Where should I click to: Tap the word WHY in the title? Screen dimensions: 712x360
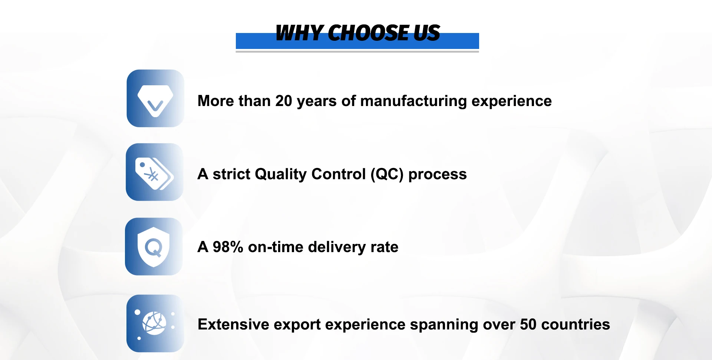point(299,33)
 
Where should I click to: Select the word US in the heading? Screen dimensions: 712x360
point(427,33)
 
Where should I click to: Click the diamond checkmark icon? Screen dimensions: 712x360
point(155,98)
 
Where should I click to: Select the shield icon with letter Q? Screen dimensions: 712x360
point(154,247)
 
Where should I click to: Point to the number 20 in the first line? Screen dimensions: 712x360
point(284,101)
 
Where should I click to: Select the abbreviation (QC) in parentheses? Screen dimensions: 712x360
point(387,174)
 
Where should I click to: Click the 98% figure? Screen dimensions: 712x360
point(228,247)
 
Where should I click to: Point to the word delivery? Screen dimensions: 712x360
point(337,247)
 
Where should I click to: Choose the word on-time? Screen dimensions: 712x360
point(276,247)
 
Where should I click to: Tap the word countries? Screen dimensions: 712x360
point(576,324)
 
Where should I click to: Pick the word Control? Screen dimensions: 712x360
point(339,174)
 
